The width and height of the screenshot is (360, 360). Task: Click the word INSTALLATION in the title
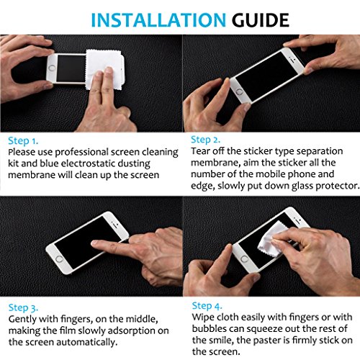(158, 20)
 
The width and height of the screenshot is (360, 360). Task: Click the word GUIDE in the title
(260, 20)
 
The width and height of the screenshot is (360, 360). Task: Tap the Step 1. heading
(23, 141)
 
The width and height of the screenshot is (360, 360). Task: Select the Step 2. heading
(205, 140)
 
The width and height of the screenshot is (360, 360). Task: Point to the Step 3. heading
(23, 308)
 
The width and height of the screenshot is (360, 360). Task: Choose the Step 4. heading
(207, 306)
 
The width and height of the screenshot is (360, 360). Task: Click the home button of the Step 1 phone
(52, 68)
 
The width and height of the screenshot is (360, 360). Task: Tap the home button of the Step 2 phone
(239, 91)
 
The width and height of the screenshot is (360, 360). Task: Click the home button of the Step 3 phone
(59, 258)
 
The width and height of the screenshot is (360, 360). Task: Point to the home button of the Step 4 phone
(245, 259)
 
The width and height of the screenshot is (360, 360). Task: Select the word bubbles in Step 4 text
(210, 329)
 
